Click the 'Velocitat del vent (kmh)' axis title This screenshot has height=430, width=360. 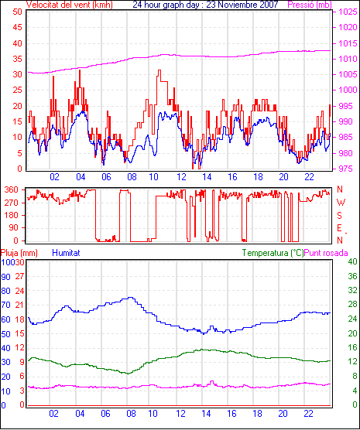click(x=70, y=5)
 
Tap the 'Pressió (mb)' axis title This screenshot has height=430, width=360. click(x=310, y=5)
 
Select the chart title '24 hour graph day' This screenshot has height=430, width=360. click(x=167, y=5)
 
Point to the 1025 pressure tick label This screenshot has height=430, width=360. click(x=348, y=12)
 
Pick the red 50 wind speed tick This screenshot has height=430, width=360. click(x=17, y=12)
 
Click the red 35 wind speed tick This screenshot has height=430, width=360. click(x=17, y=59)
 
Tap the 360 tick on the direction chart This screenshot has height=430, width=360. click(x=12, y=189)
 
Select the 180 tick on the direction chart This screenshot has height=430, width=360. click(x=12, y=215)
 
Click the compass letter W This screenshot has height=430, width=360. click(x=341, y=203)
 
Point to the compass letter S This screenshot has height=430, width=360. click(x=339, y=216)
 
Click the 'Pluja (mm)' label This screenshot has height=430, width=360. click(x=19, y=253)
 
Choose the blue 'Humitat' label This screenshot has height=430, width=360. click(x=66, y=253)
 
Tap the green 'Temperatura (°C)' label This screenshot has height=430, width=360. click(x=273, y=253)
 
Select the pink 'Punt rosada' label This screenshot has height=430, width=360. click(x=326, y=253)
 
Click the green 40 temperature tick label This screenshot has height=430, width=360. click(x=352, y=261)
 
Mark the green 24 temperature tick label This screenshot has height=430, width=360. click(x=352, y=319)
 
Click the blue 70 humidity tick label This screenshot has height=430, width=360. click(x=5, y=305)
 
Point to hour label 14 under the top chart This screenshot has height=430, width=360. click(x=207, y=177)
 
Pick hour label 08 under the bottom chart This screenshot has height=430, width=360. click(x=131, y=414)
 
